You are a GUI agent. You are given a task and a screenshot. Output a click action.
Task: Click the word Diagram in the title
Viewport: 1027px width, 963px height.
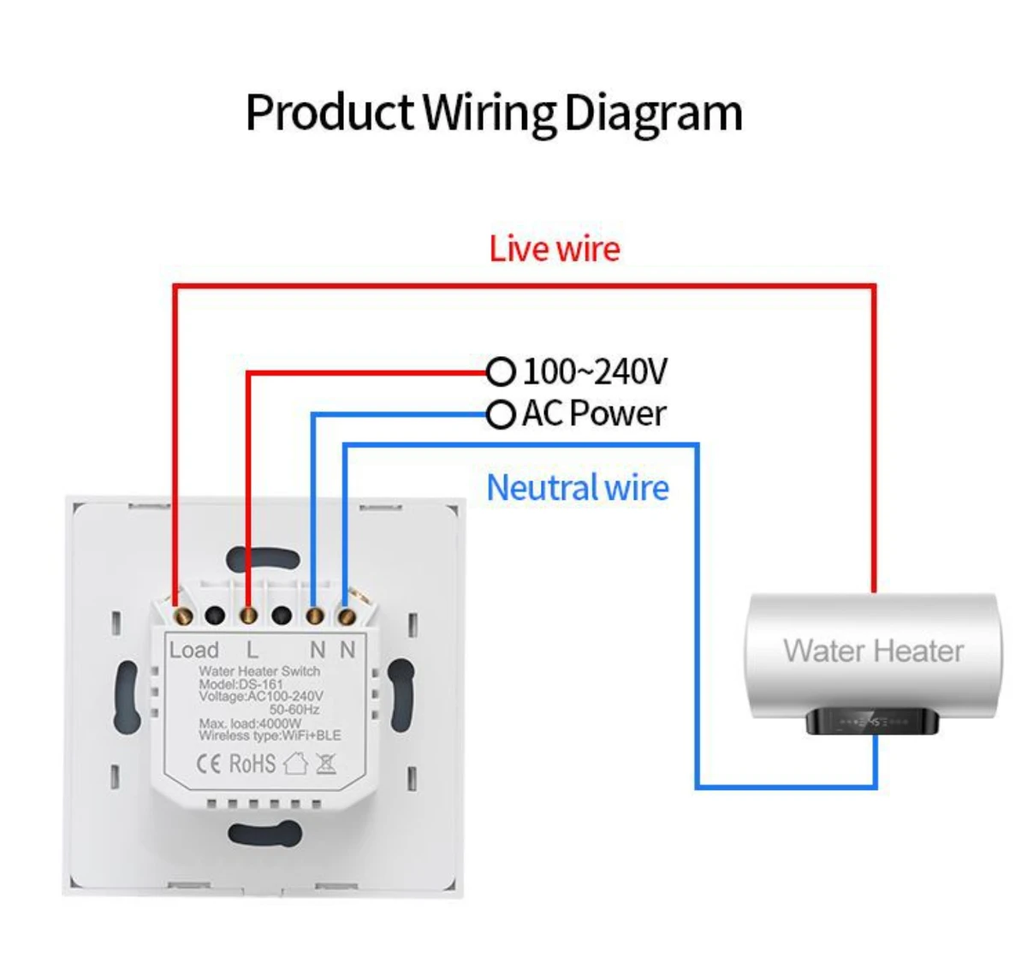click(653, 114)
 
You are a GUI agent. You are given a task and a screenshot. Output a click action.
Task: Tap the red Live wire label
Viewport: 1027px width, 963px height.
click(555, 249)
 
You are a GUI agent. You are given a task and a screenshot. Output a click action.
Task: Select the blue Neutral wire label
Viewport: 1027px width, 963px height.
click(578, 488)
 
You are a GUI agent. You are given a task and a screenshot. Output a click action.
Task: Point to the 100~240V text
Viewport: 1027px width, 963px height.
click(594, 372)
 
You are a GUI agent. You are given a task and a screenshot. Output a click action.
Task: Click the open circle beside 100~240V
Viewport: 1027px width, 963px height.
click(501, 372)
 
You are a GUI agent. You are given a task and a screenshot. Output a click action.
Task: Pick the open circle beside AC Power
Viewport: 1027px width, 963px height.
click(501, 415)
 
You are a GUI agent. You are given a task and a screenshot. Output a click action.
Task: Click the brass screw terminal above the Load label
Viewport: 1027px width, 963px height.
click(181, 615)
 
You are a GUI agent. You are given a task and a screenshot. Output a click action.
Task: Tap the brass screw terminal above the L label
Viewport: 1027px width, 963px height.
click(248, 615)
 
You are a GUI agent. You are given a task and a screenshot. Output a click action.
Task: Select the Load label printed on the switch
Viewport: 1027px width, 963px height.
click(193, 651)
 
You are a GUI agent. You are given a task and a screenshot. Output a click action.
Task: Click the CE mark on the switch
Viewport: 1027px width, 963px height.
click(209, 764)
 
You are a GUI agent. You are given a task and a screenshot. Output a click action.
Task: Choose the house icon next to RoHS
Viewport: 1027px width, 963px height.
click(295, 763)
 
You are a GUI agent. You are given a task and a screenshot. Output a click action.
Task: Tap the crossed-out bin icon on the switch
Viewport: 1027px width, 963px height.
click(326, 763)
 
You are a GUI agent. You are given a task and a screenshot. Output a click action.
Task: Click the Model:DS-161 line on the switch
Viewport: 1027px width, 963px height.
click(240, 685)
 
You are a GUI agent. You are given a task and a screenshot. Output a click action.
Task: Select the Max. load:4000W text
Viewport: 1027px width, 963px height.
click(250, 723)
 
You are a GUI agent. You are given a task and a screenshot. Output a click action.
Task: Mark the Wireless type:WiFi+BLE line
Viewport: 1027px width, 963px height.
click(269, 735)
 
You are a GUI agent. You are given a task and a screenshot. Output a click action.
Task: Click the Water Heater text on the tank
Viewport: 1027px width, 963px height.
click(873, 651)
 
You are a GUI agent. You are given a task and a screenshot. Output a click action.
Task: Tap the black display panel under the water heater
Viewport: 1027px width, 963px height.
click(873, 722)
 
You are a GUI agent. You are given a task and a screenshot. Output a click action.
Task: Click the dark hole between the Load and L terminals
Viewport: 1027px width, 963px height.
click(215, 615)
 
